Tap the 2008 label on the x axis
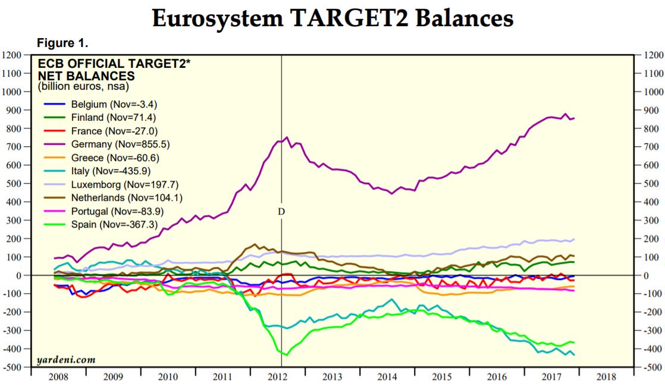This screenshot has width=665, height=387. coord(57,377)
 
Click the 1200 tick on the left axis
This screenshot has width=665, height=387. coord(13,55)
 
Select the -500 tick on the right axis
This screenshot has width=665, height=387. coord(651,367)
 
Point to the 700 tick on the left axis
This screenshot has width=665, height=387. coord(15,147)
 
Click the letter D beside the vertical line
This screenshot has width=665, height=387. coord(281,211)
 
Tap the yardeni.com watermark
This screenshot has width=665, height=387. coord(65,360)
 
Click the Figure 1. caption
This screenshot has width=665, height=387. coord(62,43)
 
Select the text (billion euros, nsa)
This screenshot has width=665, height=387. coord(83,87)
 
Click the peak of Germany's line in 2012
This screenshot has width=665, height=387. coord(287,137)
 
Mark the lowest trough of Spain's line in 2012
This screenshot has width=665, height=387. coord(287,355)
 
